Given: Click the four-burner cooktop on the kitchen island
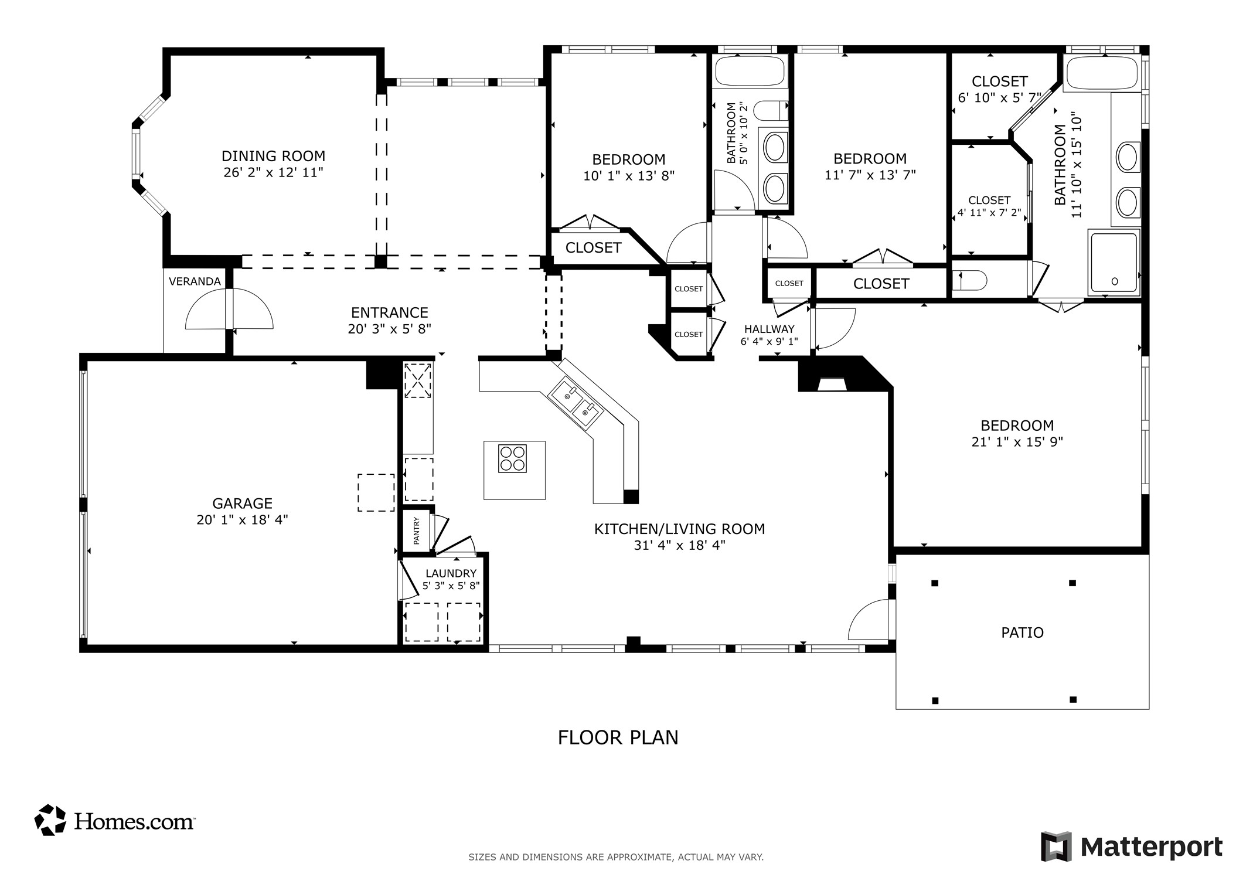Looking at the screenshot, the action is coord(512,458).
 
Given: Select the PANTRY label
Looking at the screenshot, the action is coord(417,530).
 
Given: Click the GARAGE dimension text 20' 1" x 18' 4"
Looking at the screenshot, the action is coord(242,520).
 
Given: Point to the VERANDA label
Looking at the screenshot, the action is coord(195,281).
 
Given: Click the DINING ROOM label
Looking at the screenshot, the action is coord(273,156).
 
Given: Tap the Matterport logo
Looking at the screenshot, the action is coord(1132,846).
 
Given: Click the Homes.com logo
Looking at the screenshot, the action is coord(115,820).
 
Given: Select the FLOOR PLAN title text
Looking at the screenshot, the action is coord(618,737).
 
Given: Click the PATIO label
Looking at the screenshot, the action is coord(1023,632).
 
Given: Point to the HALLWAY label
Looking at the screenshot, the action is coord(769,329).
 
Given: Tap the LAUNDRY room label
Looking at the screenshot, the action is coord(451,573).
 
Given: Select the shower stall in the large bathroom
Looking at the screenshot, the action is coord(1114,262).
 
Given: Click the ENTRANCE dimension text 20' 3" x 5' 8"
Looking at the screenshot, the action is coord(390,329).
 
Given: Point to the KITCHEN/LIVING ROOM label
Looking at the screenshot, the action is coord(680,529).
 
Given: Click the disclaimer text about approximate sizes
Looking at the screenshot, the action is coord(616,857).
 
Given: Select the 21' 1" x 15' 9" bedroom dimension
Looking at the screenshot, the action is coord(1017,442).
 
